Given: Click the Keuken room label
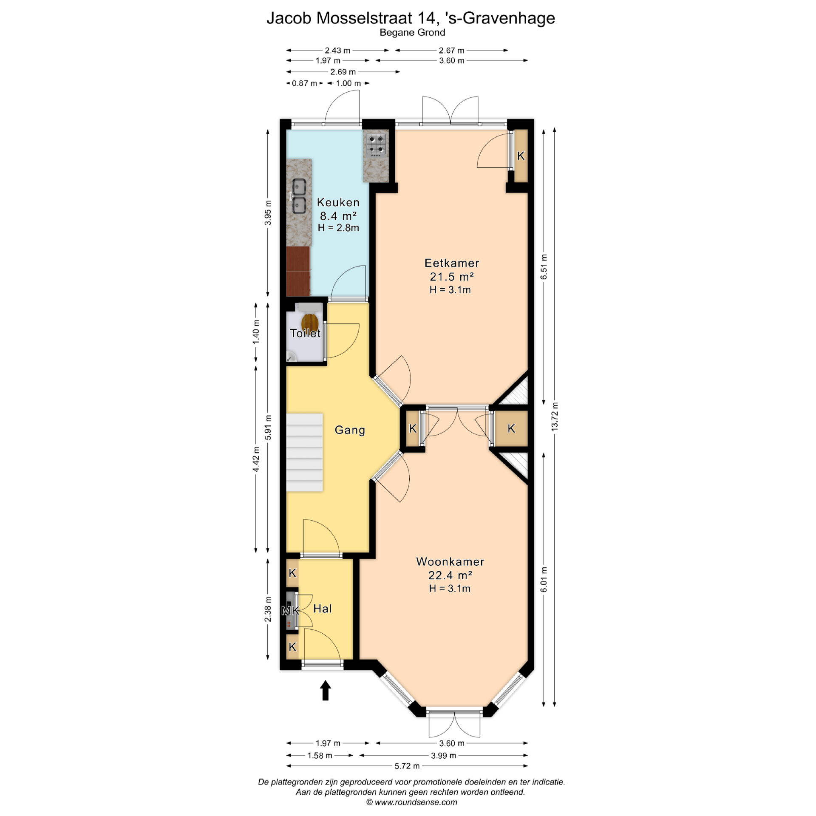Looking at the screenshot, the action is click(x=338, y=202).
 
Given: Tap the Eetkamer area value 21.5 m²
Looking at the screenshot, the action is click(x=451, y=277).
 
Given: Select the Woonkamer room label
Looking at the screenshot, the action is click(x=450, y=561).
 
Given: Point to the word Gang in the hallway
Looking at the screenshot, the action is click(x=350, y=430).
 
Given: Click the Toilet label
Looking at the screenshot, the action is click(x=305, y=333).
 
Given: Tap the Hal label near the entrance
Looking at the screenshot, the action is click(x=323, y=609).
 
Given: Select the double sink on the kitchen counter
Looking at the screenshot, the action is click(x=299, y=196).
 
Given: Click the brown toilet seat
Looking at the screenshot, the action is click(x=310, y=322).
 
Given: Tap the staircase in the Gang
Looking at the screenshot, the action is click(x=304, y=452).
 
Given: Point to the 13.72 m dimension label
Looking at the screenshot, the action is click(x=555, y=416).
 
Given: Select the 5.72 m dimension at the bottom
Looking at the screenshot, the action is click(x=407, y=766).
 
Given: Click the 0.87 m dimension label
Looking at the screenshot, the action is click(x=304, y=83).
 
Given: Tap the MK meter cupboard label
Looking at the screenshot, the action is click(x=291, y=611).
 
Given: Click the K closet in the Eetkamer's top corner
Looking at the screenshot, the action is click(x=521, y=156).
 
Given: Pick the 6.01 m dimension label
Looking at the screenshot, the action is click(x=544, y=579).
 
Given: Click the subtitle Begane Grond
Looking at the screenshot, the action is click(x=412, y=32).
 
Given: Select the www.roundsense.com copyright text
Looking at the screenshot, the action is click(x=411, y=802).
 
